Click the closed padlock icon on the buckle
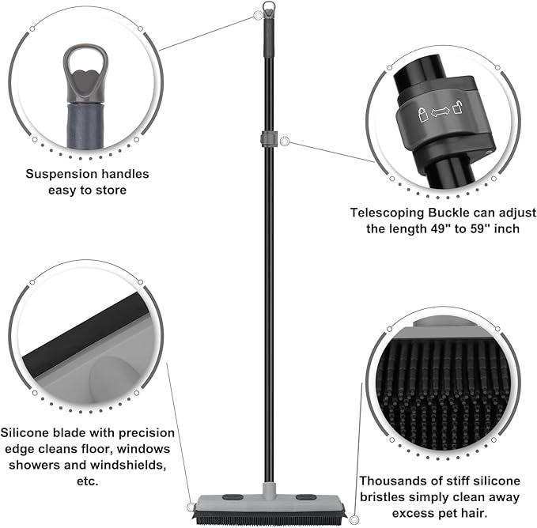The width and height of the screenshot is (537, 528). point(423,115)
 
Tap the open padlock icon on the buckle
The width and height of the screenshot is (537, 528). point(458,107)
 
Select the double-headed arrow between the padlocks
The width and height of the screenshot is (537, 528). point(440,112)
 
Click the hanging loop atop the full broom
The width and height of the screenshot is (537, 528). point(269,9)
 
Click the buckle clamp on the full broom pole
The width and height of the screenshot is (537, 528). point(268,138)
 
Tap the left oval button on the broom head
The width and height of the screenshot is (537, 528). point(233,497)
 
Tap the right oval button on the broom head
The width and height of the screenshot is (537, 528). point(306,497)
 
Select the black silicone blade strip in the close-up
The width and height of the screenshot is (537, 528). point(85,334)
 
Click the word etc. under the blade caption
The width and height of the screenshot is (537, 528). point(88,481)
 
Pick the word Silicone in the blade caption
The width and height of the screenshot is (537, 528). point(25,433)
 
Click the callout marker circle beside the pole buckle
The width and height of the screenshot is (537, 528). point(285,141)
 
